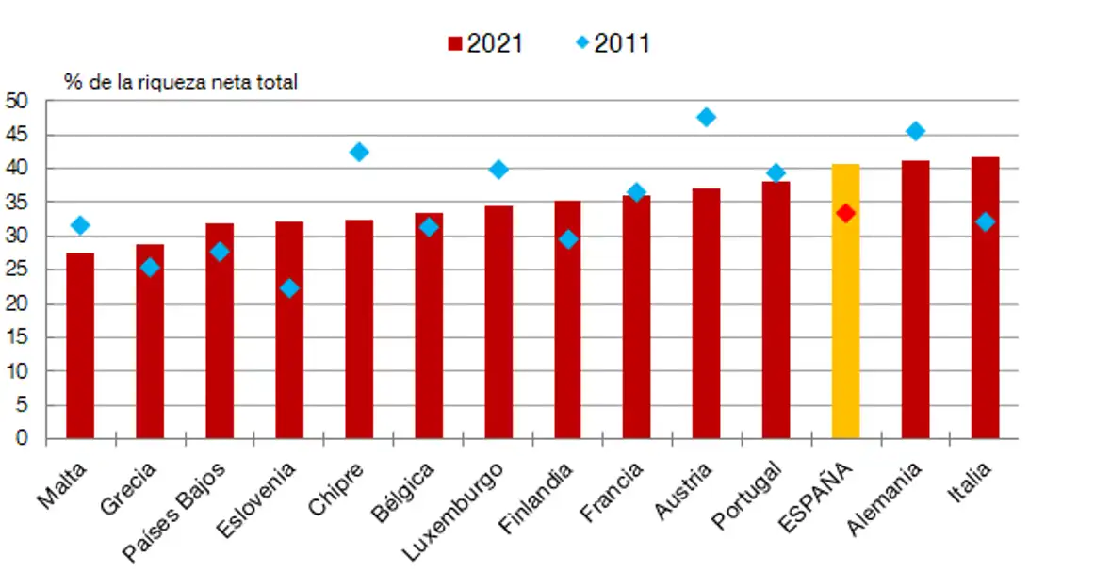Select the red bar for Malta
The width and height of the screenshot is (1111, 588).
pyautogui.click(x=80, y=345)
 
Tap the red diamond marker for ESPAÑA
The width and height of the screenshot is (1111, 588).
pyautogui.click(x=845, y=213)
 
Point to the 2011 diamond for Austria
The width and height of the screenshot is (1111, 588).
pyautogui.click(x=706, y=117)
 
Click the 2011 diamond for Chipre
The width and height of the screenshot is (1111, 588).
pyautogui.click(x=358, y=152)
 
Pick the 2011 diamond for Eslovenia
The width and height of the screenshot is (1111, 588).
pyautogui.click(x=289, y=287)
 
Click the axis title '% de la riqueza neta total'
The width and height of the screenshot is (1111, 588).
pyautogui.click(x=181, y=82)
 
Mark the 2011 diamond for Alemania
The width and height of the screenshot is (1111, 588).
pyautogui.click(x=915, y=131)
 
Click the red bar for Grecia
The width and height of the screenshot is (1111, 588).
pyautogui.click(x=150, y=341)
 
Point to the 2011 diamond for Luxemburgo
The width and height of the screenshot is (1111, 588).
pyautogui.click(x=498, y=170)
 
